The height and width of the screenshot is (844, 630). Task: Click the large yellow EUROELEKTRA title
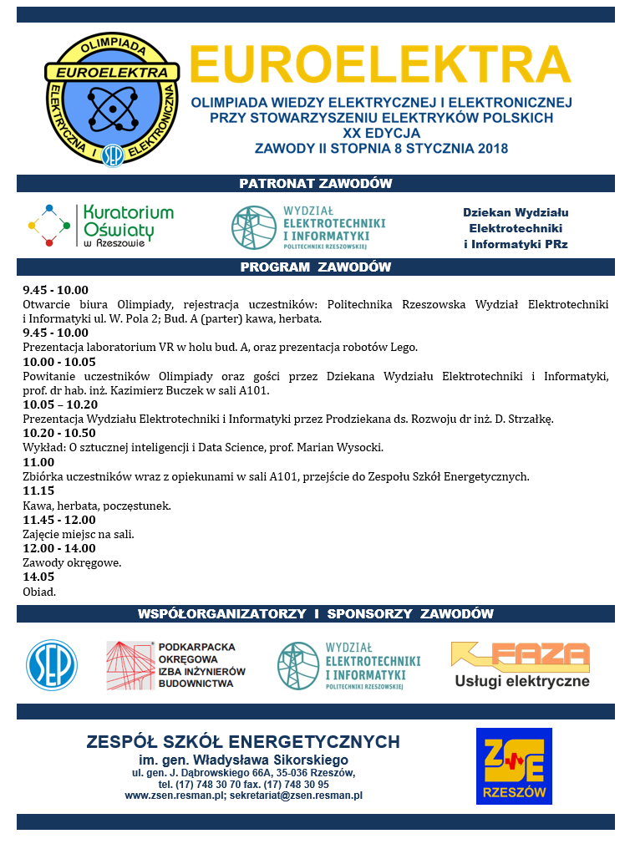point(380,64)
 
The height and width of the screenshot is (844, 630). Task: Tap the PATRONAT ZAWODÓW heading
point(315,184)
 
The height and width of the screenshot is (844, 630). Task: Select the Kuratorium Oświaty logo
point(100,226)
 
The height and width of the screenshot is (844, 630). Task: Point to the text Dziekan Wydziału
point(516,212)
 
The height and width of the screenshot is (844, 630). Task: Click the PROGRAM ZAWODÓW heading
point(315,267)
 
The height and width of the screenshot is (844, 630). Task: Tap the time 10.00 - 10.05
point(59,362)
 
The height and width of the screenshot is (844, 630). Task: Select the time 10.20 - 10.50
point(59,433)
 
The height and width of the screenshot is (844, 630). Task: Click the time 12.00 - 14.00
point(59,548)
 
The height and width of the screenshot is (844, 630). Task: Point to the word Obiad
point(39,592)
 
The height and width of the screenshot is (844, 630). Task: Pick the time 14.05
point(38,577)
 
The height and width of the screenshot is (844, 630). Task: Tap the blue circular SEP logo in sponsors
point(52,665)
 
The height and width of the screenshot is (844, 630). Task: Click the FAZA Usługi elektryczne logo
point(521,664)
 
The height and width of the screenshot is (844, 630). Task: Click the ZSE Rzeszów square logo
point(514,766)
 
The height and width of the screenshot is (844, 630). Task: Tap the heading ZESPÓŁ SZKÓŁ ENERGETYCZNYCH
point(243,742)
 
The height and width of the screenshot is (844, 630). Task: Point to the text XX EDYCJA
point(381,132)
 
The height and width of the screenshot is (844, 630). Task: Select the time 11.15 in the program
point(38,491)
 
